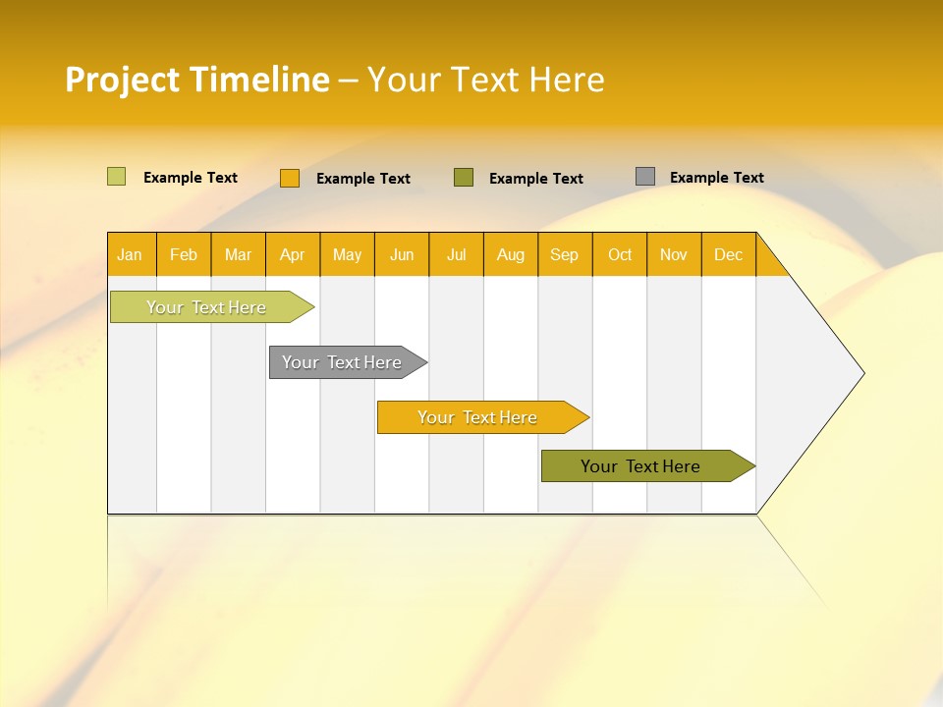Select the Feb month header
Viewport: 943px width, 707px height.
(184, 254)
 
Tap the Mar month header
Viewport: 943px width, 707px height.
(238, 254)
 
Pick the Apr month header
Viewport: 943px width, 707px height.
(293, 254)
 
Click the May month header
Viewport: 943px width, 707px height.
(347, 254)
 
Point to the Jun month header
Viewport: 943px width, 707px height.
(402, 254)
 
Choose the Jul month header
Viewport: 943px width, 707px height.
(456, 254)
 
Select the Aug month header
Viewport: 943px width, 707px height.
(511, 254)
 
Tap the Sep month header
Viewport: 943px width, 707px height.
(565, 254)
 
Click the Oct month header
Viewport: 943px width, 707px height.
(620, 254)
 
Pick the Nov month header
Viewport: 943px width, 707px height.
(674, 254)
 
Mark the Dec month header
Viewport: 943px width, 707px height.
(728, 254)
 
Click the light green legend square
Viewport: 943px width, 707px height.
(117, 177)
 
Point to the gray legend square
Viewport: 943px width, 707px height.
(645, 177)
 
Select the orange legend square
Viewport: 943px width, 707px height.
(290, 178)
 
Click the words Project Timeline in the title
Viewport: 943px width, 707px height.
(197, 80)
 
